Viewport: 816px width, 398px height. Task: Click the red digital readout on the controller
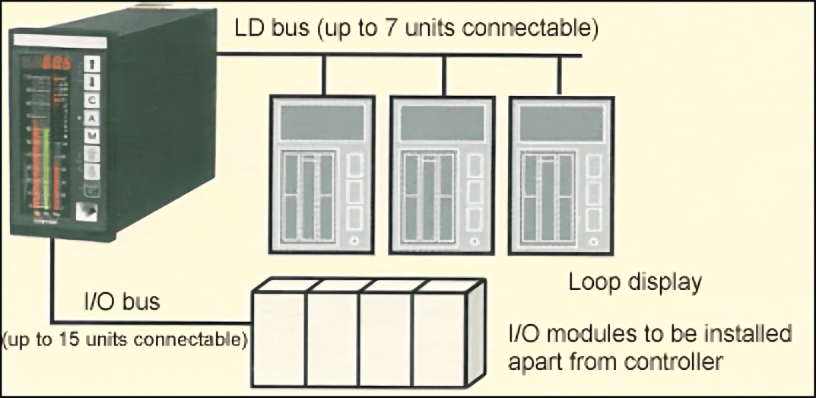click(x=57, y=63)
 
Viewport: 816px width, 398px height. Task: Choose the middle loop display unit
click(x=443, y=174)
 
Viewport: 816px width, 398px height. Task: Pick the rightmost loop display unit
click(x=561, y=174)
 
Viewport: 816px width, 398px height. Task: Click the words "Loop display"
click(x=635, y=282)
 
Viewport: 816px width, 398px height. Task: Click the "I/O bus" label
click(x=121, y=301)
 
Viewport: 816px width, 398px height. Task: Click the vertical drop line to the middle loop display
click(x=443, y=75)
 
